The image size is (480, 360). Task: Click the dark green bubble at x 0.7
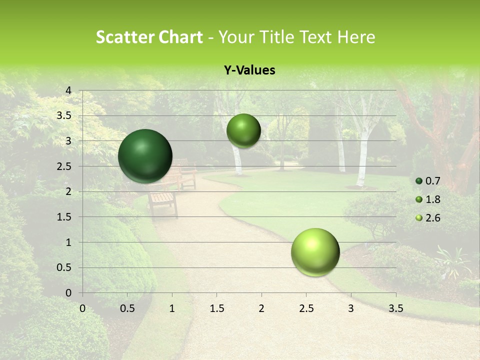[145, 156]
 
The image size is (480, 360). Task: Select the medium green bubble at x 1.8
[243, 130]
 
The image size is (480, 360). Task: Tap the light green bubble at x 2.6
[315, 252]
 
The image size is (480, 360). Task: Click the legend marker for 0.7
[419, 181]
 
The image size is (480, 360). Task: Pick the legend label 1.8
[432, 199]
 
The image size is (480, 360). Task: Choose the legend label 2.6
[432, 218]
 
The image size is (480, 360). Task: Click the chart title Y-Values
[249, 70]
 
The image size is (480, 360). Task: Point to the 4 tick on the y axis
[69, 90]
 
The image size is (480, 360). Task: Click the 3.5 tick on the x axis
[395, 308]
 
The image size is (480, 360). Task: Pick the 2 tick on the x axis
[261, 308]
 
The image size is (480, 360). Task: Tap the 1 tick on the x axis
[172, 308]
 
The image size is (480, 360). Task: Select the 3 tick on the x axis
[351, 308]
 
